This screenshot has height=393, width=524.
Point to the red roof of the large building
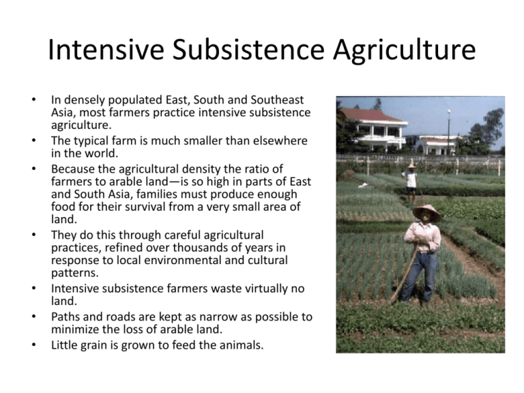pos(372,115)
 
